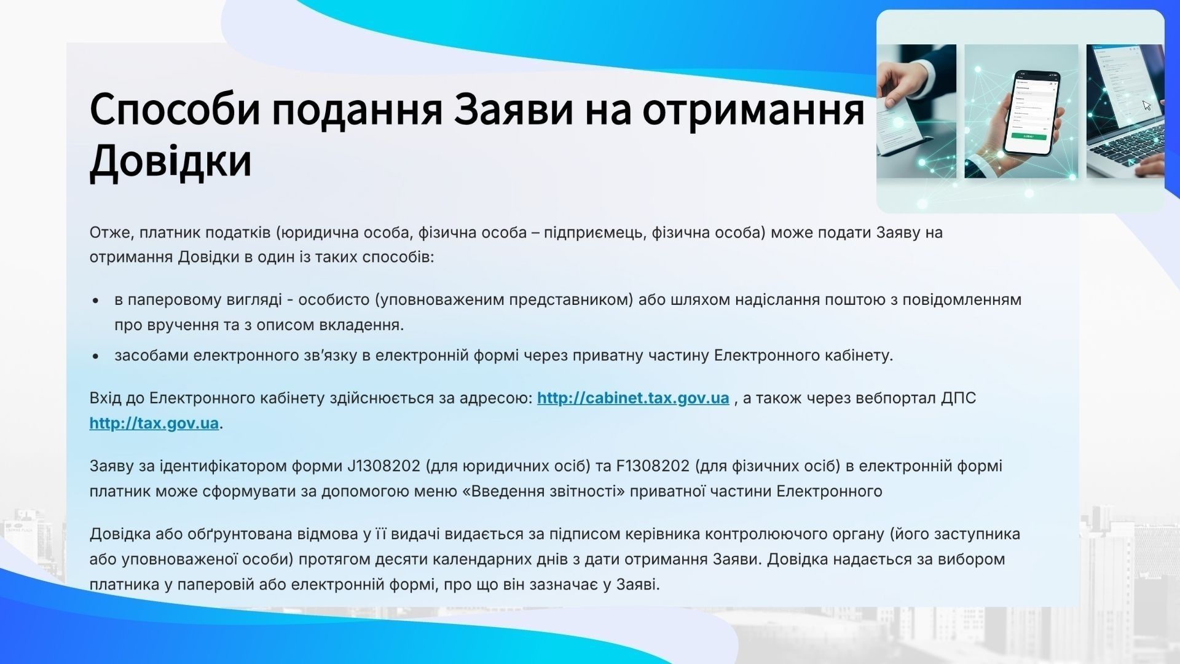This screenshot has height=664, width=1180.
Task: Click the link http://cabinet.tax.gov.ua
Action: click(633, 398)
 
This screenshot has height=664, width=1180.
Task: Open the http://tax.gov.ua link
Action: click(154, 424)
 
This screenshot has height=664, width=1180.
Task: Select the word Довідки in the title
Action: click(171, 161)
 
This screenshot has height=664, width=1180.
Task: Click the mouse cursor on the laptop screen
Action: click(1147, 105)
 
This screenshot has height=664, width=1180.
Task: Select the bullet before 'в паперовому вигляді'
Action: click(95, 301)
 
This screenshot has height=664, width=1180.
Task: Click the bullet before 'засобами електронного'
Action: click(95, 357)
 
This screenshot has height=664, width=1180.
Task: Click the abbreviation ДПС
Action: click(958, 398)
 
